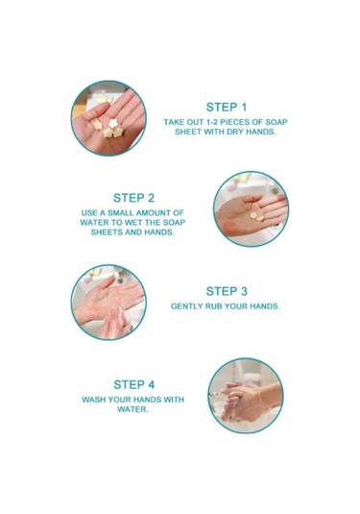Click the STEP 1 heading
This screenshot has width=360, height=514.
click(226, 108)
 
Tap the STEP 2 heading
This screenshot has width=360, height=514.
click(133, 198)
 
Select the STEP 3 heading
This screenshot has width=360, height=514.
click(227, 291)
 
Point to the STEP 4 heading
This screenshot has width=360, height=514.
click(134, 384)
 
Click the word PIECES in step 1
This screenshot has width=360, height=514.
click(234, 122)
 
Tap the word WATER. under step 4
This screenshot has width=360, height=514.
click(133, 409)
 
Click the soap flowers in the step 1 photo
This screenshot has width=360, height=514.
click(108, 128)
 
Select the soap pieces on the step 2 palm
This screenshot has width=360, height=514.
click(257, 216)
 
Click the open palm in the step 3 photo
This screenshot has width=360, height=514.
click(108, 297)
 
